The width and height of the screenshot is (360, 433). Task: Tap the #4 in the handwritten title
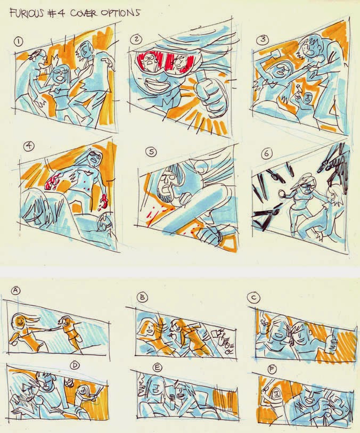click(56, 13)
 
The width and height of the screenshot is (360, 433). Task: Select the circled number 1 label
click(18, 42)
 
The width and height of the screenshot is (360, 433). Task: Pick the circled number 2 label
click(136, 39)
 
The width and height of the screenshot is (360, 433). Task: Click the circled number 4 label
click(28, 146)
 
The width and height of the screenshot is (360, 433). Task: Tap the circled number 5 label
click(151, 152)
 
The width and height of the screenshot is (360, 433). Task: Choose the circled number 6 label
click(266, 153)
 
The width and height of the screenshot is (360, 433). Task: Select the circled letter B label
click(142, 297)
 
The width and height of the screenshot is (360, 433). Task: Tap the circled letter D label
click(75, 365)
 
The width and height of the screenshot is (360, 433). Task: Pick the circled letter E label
click(157, 367)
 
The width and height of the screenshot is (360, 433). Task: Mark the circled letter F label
click(272, 370)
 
